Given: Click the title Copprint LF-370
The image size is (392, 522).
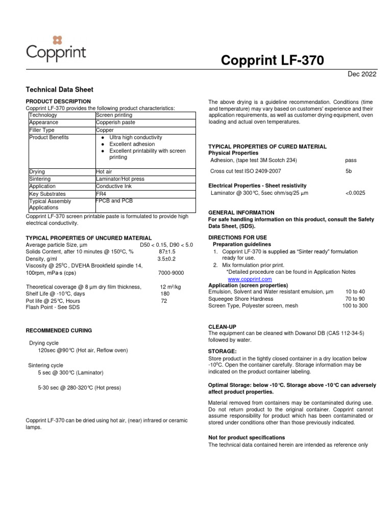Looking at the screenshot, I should point(272,61).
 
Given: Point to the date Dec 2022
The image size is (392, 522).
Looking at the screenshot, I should point(362,74).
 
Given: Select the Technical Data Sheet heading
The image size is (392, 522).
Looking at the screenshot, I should point(59,90).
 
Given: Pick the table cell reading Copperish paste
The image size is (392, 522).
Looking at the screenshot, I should point(115,123).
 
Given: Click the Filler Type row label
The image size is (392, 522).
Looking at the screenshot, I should point(42,130).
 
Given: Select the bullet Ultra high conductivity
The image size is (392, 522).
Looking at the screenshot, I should point(135,138).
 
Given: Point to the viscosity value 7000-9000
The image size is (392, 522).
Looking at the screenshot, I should point(171,273).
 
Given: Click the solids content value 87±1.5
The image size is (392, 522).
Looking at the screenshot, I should point(167,252).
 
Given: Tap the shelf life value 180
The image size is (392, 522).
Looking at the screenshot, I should point(165,294).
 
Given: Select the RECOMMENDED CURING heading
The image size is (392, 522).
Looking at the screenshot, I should point(59,331).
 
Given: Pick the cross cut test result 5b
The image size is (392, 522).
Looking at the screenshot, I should point(349,171).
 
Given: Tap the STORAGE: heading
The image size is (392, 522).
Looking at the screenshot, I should point(222,352).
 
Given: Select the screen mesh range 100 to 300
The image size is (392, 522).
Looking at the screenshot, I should point(354,306).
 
